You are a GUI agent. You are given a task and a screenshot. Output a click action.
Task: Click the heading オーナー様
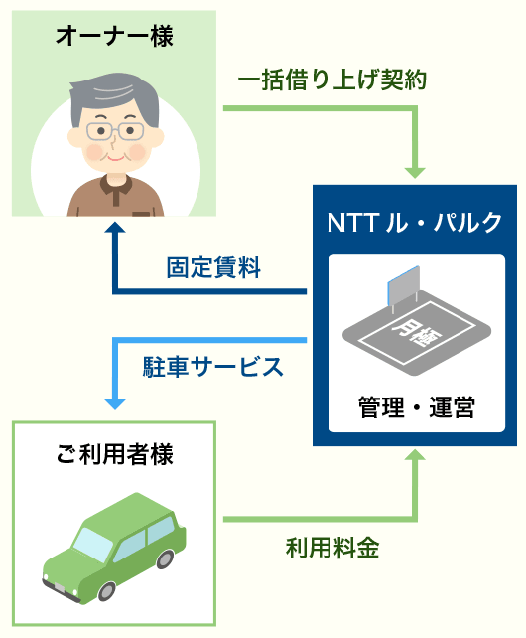[x=114, y=36]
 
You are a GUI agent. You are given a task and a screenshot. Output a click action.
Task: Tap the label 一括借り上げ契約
[x=332, y=80]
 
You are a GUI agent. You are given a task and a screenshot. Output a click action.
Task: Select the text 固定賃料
[x=213, y=267]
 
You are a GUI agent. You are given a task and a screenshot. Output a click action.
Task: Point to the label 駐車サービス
[x=212, y=366]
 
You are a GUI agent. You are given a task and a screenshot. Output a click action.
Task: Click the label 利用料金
[x=332, y=548]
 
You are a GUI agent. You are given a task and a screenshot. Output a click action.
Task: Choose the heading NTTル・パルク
[x=415, y=223]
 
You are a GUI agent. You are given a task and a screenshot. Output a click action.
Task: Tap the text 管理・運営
[x=416, y=406]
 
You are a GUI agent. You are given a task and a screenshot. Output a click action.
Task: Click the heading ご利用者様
[x=114, y=454]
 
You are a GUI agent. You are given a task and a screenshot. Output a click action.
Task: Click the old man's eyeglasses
[x=115, y=131]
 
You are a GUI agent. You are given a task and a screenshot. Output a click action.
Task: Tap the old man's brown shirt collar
[x=116, y=187]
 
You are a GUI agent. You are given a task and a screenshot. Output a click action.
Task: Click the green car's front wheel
[x=106, y=591]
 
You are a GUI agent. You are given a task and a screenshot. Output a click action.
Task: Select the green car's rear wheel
[x=165, y=558]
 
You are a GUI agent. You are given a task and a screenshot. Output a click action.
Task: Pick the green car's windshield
[x=92, y=545]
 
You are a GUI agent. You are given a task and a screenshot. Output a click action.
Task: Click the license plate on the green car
[x=60, y=587]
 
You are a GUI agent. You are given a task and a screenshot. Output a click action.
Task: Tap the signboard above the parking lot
[x=403, y=285]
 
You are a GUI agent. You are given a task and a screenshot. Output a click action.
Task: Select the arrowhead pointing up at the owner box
[x=115, y=227]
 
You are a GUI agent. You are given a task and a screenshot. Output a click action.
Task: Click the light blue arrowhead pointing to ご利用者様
[x=115, y=404]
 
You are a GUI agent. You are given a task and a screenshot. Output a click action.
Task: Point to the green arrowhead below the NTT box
[x=415, y=454]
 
